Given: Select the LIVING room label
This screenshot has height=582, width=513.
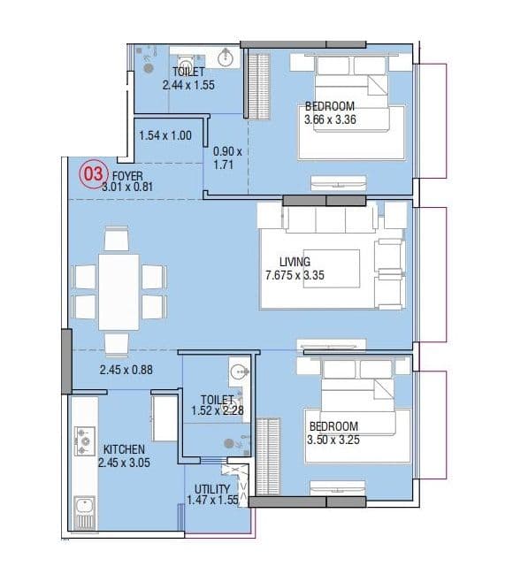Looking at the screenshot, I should click(295, 263).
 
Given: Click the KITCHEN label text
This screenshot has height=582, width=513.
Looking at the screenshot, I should click(123, 449).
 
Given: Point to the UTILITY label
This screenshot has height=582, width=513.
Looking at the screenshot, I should click(212, 489).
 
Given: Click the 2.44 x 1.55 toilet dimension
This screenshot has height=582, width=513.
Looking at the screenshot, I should click(188, 85).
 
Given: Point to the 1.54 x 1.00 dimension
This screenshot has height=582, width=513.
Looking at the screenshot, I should click(165, 135).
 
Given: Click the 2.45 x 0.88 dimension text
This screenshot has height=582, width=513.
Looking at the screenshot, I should click(126, 370).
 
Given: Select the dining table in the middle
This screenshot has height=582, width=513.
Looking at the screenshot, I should click(118, 290).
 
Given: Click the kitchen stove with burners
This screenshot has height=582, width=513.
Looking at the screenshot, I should click(86, 439).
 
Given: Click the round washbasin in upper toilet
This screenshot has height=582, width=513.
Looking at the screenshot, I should click(226, 54).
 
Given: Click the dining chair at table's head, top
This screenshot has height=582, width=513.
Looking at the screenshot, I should click(117, 239).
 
